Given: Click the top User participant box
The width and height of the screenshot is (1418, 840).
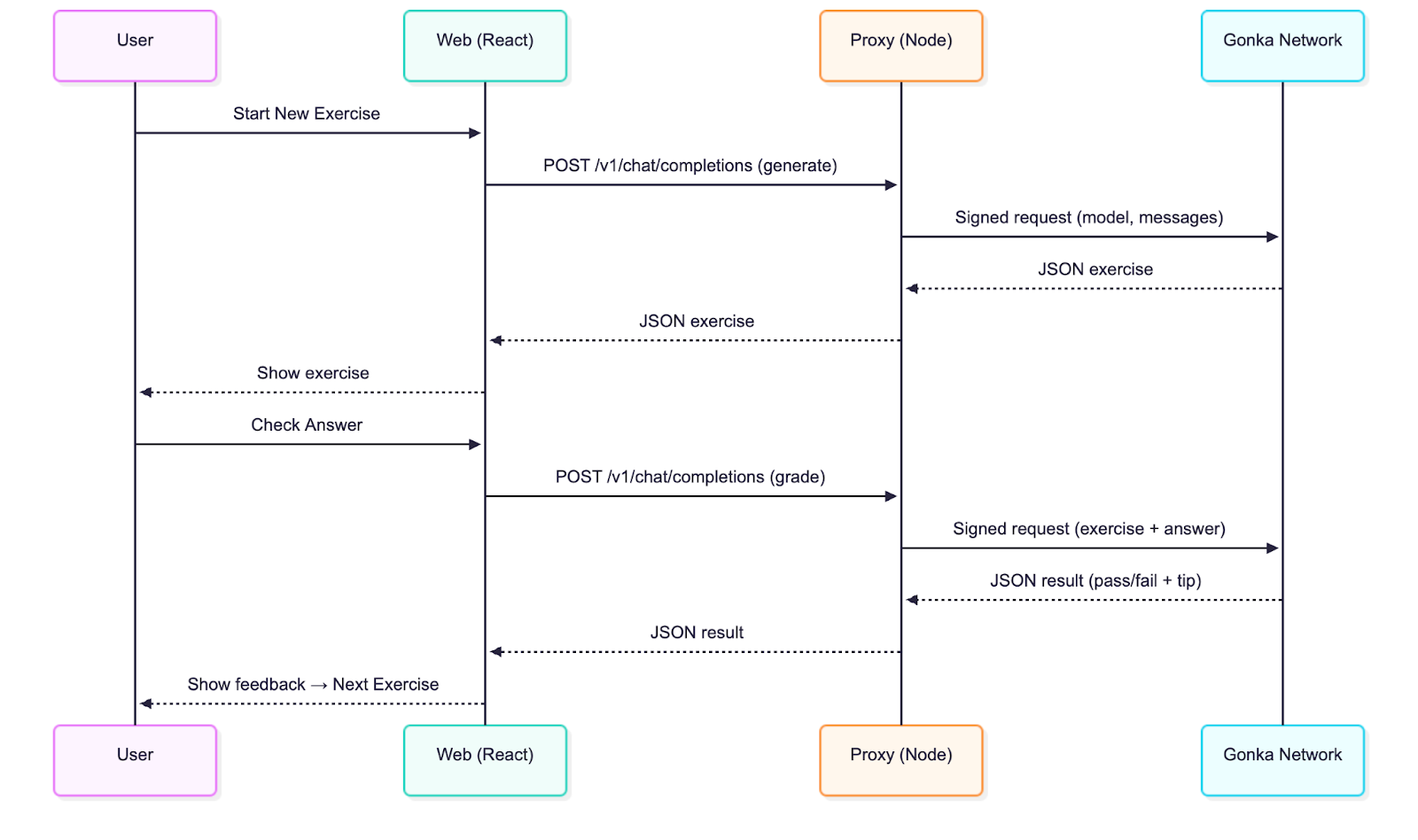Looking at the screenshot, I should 135,46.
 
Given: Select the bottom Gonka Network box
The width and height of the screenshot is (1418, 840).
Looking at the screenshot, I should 1282,760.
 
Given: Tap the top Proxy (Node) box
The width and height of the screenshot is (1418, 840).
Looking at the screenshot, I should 900,46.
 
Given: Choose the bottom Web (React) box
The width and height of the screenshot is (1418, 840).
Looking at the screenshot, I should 485,760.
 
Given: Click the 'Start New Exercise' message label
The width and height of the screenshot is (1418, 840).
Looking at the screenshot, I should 306,113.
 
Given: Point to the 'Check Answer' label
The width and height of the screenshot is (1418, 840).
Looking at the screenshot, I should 306,424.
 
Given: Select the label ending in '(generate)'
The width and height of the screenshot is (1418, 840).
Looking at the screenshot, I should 690,166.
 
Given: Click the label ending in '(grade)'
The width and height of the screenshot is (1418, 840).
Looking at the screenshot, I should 690,477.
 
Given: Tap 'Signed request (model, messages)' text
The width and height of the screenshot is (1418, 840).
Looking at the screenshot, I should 1088,217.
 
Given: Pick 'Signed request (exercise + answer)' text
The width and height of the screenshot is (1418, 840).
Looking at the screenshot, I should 1088,529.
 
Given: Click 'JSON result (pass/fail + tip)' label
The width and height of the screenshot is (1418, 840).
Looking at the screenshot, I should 1095,580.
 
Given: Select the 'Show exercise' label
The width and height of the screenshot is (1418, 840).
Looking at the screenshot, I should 313,373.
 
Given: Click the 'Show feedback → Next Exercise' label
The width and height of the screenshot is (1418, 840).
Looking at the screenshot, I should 313,684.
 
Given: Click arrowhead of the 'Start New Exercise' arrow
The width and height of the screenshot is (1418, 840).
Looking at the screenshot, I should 475,133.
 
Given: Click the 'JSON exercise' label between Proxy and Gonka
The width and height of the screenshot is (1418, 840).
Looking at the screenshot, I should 1095,269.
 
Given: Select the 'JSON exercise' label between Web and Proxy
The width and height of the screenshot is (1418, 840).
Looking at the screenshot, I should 697,321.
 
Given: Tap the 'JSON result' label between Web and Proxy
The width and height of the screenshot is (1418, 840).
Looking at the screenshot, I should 697,633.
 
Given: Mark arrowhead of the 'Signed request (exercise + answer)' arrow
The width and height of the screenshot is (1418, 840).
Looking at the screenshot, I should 1273,548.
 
